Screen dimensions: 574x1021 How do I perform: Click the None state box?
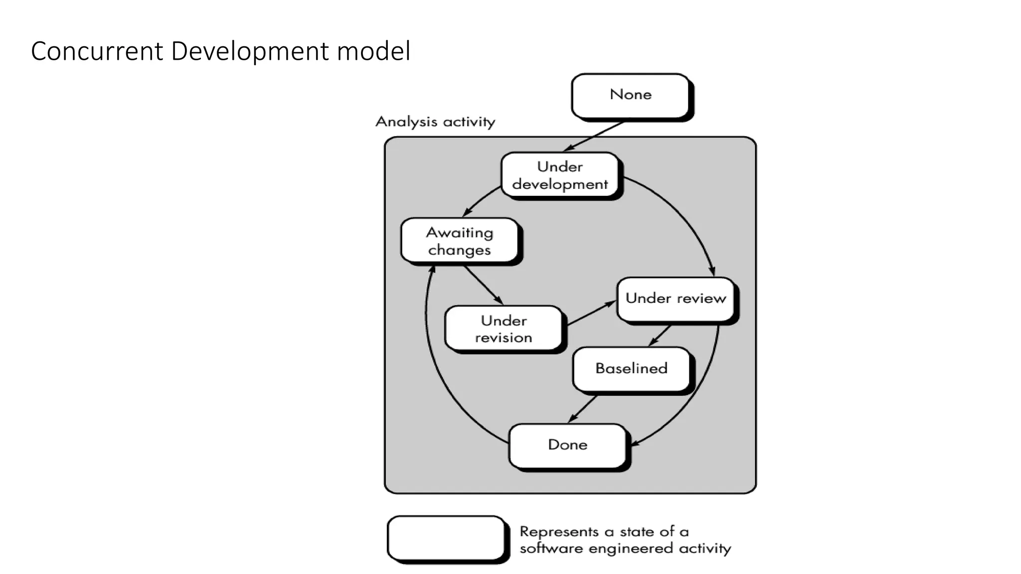[630, 95]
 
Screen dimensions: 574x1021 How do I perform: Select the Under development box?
[559, 175]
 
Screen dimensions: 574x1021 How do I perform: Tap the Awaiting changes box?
[459, 241]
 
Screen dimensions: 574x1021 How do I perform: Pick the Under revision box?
[504, 329]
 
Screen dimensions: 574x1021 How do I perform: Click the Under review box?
[676, 298]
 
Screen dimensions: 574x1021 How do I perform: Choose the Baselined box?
[631, 369]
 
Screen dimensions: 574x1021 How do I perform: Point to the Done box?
[567, 445]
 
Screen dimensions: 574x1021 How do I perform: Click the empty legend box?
[446, 538]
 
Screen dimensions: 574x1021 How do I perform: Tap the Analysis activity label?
[435, 122]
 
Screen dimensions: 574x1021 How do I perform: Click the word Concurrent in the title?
[97, 51]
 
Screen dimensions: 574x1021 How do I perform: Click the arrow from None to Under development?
[593, 137]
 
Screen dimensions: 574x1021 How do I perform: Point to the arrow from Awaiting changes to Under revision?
[483, 285]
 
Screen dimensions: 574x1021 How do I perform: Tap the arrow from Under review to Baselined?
[660, 336]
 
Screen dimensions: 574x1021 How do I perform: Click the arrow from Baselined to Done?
[583, 409]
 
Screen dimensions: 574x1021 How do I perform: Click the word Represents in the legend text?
[559, 532]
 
